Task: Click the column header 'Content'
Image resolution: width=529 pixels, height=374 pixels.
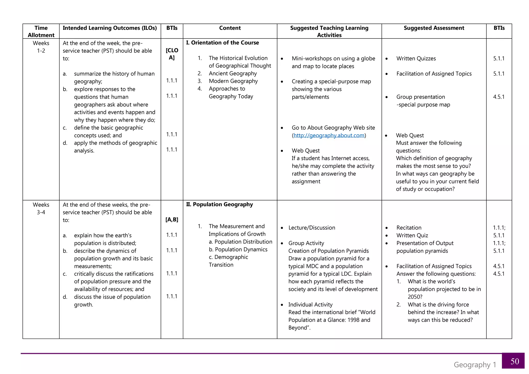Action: [230, 28]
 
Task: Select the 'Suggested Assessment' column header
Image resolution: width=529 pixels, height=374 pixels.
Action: [434, 28]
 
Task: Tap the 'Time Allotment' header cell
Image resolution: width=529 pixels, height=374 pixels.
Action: [41, 31]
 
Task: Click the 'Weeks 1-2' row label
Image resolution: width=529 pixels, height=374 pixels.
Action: [41, 47]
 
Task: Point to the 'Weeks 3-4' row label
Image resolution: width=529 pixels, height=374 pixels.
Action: [41, 208]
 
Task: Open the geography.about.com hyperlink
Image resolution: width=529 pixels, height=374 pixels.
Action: [329, 135]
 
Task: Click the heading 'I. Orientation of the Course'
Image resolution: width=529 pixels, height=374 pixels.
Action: [222, 43]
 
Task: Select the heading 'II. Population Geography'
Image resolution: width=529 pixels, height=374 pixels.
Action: [220, 204]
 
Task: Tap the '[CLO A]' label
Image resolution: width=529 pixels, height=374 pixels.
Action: [172, 54]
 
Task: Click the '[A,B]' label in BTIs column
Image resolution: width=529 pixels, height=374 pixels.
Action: [172, 220]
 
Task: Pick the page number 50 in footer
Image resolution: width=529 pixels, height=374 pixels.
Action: [515, 361]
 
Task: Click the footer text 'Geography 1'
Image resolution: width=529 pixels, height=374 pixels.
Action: [475, 365]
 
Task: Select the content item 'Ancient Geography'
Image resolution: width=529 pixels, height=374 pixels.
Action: [233, 73]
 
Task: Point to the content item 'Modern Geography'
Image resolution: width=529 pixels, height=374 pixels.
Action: [233, 81]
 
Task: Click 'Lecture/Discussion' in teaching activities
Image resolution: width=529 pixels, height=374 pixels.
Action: [312, 228]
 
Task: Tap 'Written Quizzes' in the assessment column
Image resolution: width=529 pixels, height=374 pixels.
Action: [416, 58]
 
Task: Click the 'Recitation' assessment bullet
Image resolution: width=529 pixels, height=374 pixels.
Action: [409, 228]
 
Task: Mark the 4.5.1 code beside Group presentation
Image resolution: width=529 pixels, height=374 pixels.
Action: [499, 97]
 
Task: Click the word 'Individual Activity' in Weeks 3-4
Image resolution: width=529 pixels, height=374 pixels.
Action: [310, 305]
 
